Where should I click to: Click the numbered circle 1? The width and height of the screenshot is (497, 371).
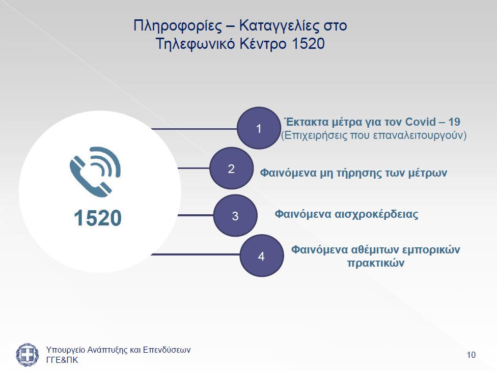[x=259, y=128]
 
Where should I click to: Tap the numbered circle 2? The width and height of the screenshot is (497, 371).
[x=231, y=168]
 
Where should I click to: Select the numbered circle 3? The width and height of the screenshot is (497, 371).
[x=235, y=215]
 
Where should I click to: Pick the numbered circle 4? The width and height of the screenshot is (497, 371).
[x=262, y=255]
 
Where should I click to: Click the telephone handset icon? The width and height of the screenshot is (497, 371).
[x=95, y=172]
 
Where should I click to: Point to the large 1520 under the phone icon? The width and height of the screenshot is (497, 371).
[x=98, y=218]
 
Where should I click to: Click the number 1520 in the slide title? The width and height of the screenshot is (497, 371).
[x=308, y=43]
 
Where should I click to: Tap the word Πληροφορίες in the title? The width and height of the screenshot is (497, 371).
[x=178, y=25]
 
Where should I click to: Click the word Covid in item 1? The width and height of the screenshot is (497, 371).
[x=421, y=122]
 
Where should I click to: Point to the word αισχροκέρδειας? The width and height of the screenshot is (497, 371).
[x=376, y=214]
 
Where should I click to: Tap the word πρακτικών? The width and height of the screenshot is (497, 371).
[x=376, y=263]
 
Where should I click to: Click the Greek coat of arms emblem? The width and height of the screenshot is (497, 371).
[x=27, y=355]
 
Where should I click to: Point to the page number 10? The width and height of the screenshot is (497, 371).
[x=471, y=355]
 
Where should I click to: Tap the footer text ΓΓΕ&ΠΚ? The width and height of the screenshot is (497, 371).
[x=62, y=360]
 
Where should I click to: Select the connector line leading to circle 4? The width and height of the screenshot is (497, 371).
[x=195, y=254]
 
